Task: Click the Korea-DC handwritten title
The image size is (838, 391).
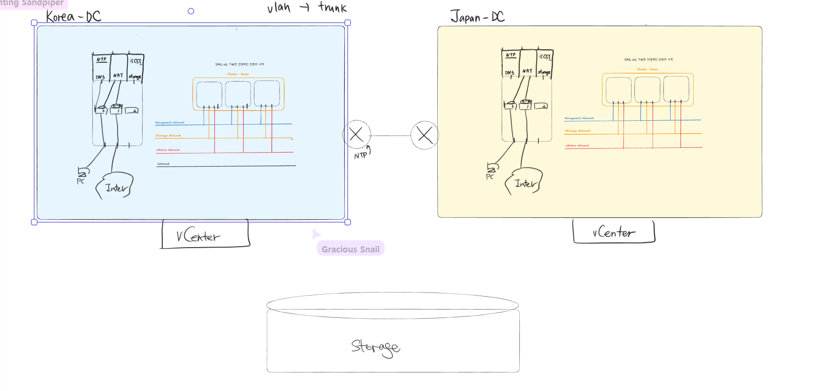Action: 73,17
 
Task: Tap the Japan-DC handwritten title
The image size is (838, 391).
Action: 477,17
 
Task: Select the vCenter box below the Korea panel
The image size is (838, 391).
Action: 205,235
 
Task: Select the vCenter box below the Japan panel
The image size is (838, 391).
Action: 613,232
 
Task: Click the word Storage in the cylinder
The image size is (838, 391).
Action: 375,347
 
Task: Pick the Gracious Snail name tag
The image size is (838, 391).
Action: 351,249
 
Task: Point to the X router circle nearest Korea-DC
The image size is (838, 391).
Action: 357,135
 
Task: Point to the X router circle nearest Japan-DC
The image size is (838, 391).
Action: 425,135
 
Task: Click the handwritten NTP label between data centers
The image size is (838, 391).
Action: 361,155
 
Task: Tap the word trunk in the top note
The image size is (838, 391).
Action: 333,7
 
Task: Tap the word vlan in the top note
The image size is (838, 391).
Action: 279,8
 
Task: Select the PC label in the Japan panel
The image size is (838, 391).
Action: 490,177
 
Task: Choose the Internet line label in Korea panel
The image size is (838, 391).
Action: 164,164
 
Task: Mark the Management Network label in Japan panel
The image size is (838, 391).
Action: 579,118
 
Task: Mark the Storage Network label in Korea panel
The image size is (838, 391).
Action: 168,136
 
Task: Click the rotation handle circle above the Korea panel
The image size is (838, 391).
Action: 191,11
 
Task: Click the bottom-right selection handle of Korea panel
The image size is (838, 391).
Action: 347,222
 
